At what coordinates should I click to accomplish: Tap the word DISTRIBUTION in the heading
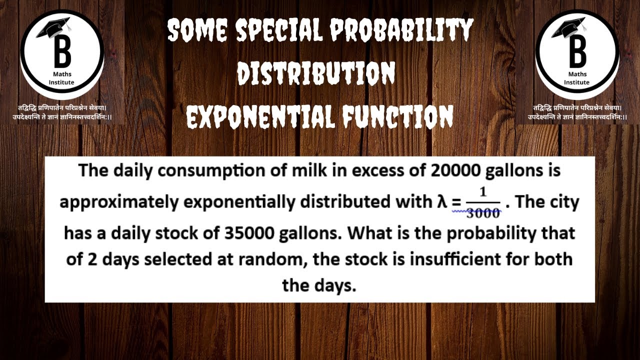[316, 74]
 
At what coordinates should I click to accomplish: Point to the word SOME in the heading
[197, 31]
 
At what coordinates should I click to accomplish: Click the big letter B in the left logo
[62, 52]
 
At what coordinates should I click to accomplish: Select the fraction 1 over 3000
[483, 203]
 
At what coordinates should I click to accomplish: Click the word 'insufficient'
[449, 260]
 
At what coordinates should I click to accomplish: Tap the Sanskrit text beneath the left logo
[61, 112]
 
